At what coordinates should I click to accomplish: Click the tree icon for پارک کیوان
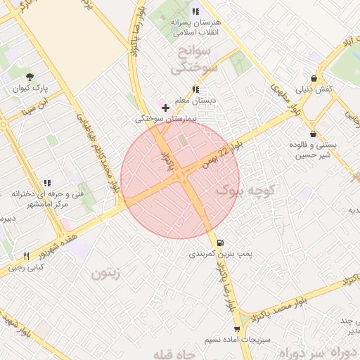click(29, 77)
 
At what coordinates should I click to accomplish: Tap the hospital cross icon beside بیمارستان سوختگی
click(165, 108)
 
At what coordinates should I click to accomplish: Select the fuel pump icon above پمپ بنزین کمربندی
click(221, 241)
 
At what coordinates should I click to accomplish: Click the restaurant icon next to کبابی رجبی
click(27, 257)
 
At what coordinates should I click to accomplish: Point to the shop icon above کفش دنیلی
click(313, 79)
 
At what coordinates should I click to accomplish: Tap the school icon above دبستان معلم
click(195, 89)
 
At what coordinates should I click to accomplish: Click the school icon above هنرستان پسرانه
click(195, 11)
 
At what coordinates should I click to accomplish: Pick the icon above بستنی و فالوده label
click(313, 133)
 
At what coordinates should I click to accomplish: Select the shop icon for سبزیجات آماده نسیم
click(236, 328)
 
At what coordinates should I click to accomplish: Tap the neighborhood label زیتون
click(109, 273)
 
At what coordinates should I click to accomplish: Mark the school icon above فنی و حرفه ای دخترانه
click(46, 183)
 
